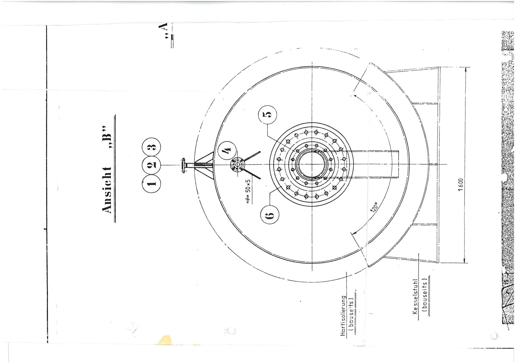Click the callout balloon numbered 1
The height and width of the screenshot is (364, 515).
point(151,183)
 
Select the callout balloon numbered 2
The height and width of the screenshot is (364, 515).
point(151,165)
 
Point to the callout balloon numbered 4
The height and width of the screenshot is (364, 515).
point(227,150)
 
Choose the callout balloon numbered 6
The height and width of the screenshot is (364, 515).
point(270,215)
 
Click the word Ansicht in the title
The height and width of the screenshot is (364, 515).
point(107,190)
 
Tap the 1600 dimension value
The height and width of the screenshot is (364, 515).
point(460,185)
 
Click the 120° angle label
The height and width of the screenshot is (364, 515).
point(374,207)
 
